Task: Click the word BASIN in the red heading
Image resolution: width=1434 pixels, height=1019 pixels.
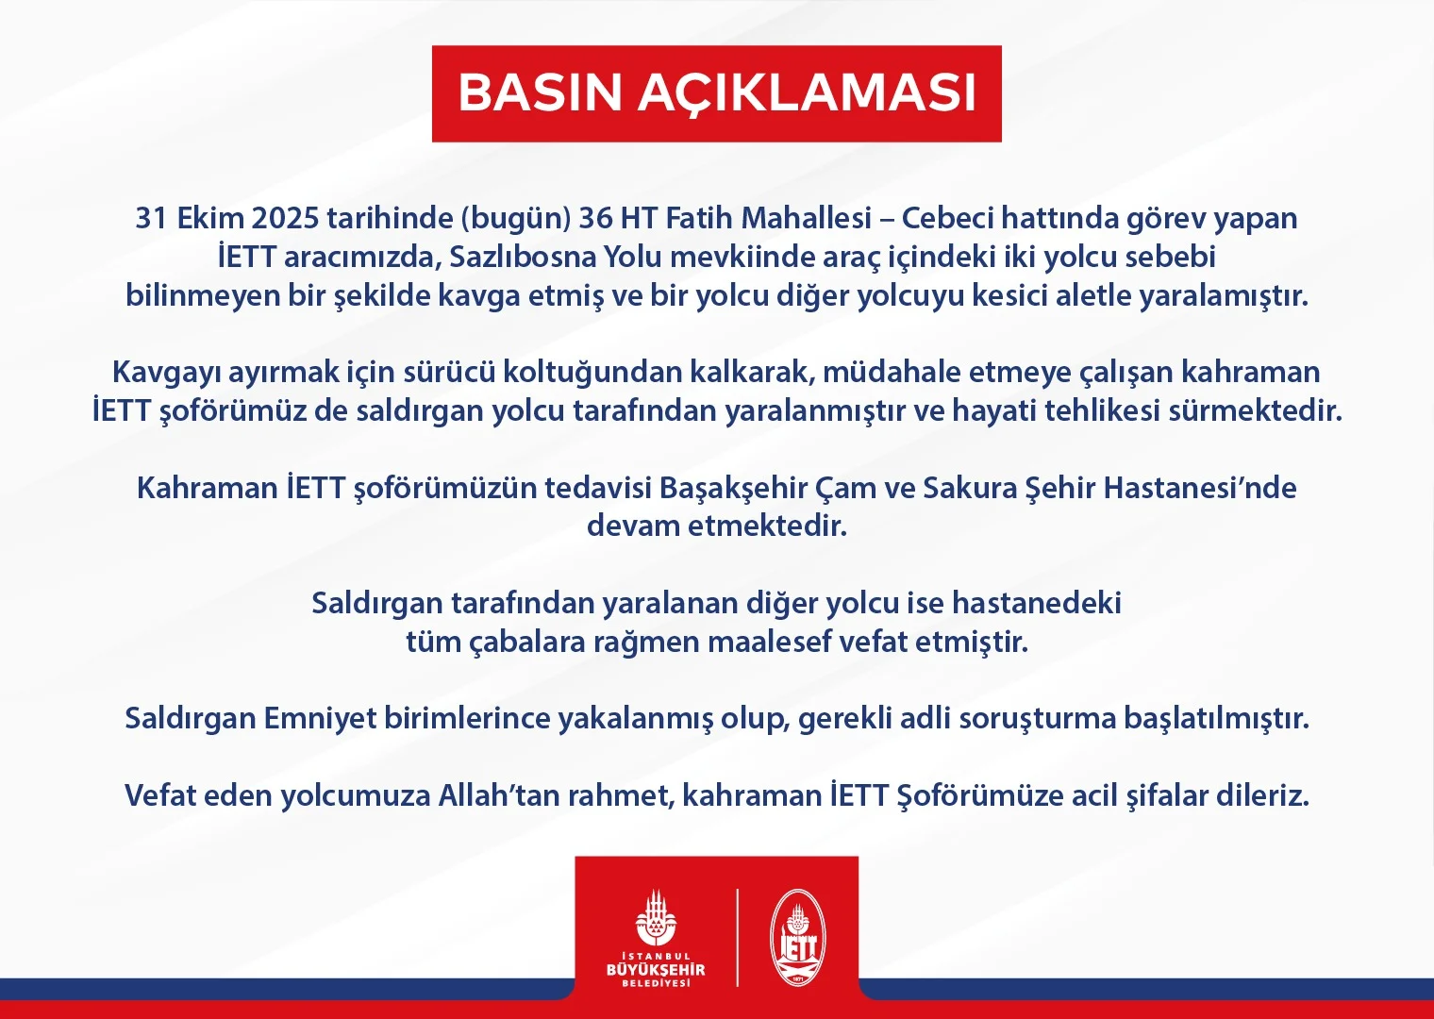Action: (541, 93)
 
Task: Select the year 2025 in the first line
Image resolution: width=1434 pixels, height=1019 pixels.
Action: (285, 218)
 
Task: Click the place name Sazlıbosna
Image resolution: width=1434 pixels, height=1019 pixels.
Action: (523, 258)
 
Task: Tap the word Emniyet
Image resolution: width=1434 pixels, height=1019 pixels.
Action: (320, 719)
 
